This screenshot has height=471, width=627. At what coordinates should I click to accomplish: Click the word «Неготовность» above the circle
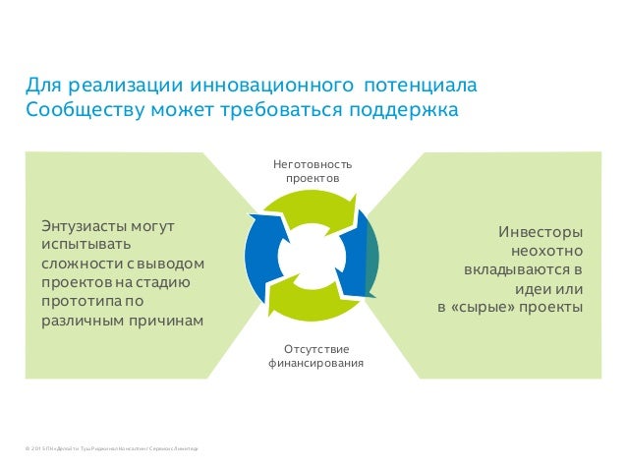pyautogui.click(x=312, y=164)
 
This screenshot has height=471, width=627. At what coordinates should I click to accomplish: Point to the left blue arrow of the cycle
pyautogui.click(x=262, y=256)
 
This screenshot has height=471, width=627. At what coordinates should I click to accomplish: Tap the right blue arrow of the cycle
pyautogui.click(x=360, y=251)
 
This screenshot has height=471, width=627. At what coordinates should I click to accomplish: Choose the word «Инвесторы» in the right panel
pyautogui.click(x=541, y=232)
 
